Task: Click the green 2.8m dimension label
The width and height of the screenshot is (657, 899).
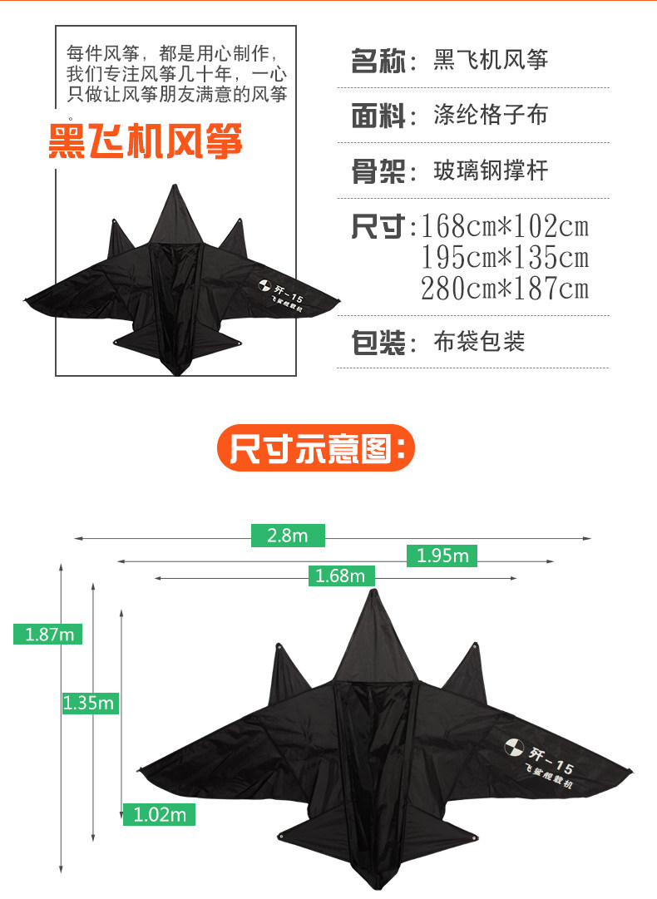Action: point(288,536)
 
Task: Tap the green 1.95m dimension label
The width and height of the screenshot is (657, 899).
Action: point(442,556)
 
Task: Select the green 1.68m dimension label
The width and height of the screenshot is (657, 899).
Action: point(341,575)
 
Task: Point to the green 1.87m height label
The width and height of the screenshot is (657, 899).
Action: point(47,634)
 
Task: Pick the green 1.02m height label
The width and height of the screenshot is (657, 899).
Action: point(159,814)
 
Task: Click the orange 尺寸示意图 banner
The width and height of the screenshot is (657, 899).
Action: point(316,449)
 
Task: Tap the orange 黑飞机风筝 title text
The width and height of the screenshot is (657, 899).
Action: point(146,141)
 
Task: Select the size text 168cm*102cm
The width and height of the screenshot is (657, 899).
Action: point(505,226)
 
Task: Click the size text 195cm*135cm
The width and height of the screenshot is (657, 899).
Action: point(505,257)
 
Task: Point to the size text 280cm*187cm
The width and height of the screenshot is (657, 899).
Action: point(505,289)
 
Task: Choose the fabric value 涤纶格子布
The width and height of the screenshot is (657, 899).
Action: point(491,115)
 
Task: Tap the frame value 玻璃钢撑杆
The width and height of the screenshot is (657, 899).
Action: point(491,171)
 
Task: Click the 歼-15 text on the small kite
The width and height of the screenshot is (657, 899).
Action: point(280,292)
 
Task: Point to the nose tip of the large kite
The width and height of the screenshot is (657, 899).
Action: point(373,591)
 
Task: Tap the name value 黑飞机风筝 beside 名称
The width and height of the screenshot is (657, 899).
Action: point(491,61)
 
